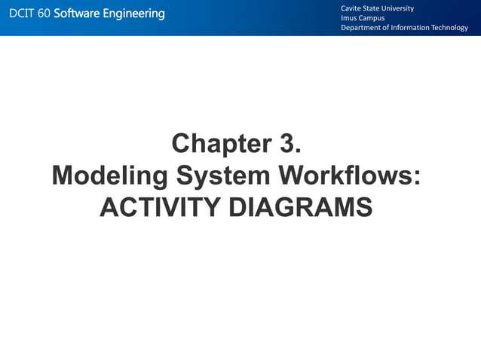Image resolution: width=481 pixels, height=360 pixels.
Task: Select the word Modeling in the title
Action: (109, 176)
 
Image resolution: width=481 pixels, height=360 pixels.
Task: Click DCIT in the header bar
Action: (21, 14)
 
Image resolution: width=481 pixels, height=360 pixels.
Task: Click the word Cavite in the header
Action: (352, 8)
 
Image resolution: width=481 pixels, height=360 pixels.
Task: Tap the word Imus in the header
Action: (350, 18)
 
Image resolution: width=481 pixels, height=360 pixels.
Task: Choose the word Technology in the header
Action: (452, 28)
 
